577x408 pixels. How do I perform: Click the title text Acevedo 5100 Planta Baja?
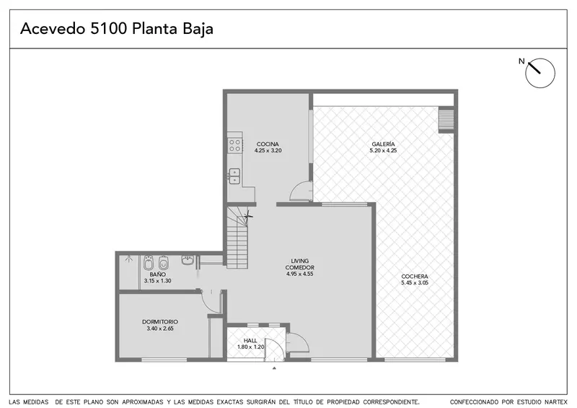tap(117, 29)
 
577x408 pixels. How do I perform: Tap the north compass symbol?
tap(539, 73)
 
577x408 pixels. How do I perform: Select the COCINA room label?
tap(268, 144)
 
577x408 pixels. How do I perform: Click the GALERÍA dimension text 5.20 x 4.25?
tap(383, 150)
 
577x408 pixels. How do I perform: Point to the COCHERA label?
tap(415, 277)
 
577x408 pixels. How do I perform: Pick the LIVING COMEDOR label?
tap(300, 264)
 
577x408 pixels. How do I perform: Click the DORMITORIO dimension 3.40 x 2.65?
tap(160, 329)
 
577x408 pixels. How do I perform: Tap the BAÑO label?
tap(157, 274)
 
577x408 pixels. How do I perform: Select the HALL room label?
tap(250, 341)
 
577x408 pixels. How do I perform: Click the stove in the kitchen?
tap(235, 145)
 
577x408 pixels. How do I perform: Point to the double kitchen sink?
tap(234, 175)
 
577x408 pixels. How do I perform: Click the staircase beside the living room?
tap(237, 238)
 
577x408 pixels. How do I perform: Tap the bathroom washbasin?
tap(188, 260)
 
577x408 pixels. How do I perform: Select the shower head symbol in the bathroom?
tap(128, 259)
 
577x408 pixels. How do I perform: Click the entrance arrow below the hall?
tap(274, 368)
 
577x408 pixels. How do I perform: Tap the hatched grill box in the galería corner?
tap(446, 120)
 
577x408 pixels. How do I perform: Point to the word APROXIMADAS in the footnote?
tap(143, 402)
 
